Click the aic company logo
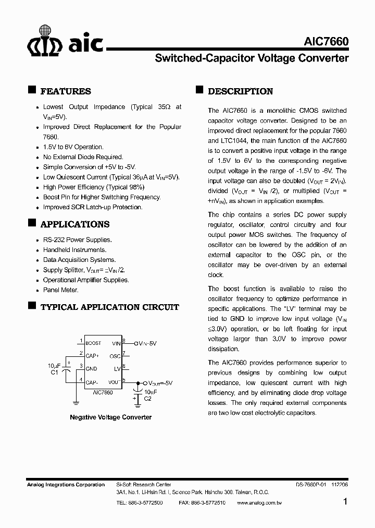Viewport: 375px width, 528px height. tap(65, 42)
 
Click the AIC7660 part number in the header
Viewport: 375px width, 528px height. tap(326, 42)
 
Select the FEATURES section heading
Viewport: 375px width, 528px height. tap(66, 91)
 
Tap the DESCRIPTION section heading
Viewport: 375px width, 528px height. tap(240, 91)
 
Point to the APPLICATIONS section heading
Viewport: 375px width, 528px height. tap(75, 224)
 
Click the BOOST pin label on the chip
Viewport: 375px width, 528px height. tap(94, 343)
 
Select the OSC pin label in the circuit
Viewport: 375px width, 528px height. tap(115, 356)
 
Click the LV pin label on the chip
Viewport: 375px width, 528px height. tap(117, 369)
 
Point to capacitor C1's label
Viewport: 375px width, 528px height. tap(54, 373)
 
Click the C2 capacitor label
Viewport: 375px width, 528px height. tap(147, 398)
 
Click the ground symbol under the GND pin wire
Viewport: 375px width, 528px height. tap(76, 402)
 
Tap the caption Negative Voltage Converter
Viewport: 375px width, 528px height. tap(111, 417)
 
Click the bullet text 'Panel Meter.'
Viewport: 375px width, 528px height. tap(60, 290)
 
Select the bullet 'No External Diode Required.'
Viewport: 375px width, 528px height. tap(83, 157)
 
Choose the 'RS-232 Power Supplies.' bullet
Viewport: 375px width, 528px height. tap(77, 240)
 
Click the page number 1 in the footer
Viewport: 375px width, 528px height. tap(345, 502)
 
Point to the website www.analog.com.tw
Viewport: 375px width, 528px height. tap(259, 503)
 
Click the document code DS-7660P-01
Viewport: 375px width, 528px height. tap(311, 485)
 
